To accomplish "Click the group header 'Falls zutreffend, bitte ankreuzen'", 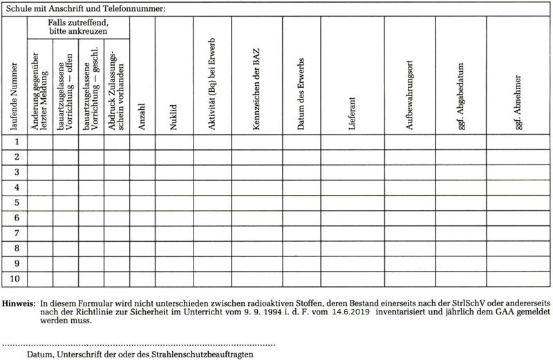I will (78, 28).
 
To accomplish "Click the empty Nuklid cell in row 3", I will (174, 172).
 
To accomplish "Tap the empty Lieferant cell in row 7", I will (352, 233).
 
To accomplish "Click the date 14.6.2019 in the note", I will (350, 312).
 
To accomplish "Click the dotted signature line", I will (138, 343).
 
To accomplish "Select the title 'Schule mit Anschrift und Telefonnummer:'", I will (86, 9).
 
